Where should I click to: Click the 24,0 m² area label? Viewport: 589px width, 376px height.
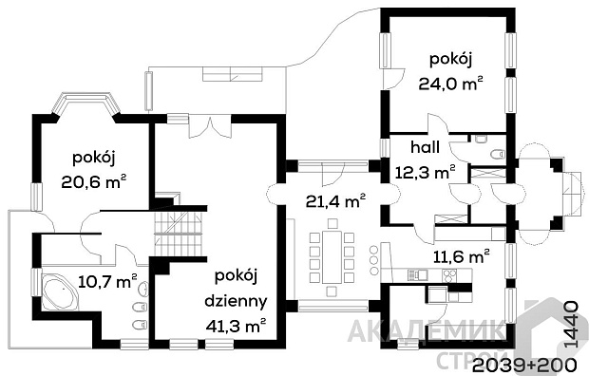click(450, 84)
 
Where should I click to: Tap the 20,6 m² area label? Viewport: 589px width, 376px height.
click(93, 182)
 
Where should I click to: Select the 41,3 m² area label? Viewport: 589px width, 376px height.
click(236, 326)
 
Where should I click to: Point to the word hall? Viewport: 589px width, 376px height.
click(425, 147)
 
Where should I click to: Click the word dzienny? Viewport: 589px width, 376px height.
click(236, 300)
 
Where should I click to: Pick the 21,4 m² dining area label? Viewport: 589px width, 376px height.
click(335, 201)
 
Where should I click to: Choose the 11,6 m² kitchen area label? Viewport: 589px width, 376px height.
click(462, 257)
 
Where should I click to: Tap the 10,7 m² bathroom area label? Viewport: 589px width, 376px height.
click(107, 281)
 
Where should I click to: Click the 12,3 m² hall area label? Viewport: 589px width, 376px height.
click(426, 173)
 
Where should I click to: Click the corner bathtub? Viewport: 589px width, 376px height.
click(61, 292)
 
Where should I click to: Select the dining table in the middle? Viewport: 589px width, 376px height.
click(332, 257)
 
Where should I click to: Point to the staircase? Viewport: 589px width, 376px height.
click(180, 234)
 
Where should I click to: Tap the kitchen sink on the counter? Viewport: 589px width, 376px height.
click(418, 274)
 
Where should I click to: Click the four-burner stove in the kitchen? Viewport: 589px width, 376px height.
click(448, 275)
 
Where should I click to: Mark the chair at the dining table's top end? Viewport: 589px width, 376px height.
click(332, 224)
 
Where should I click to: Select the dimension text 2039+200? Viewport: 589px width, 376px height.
click(524, 365)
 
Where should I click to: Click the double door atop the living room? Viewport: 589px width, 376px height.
click(210, 126)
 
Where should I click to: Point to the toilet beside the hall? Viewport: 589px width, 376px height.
click(499, 154)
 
